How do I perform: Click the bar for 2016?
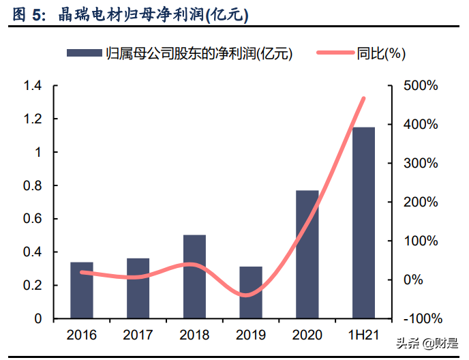click(82, 290)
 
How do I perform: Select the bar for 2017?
click(138, 288)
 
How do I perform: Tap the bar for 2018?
click(194, 277)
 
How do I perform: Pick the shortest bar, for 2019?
click(251, 292)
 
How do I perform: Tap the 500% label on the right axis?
click(423, 86)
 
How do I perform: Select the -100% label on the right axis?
click(422, 319)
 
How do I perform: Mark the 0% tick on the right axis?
click(416, 280)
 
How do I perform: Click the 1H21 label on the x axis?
click(363, 335)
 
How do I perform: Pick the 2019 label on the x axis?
click(251, 335)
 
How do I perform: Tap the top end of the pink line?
click(364, 99)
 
